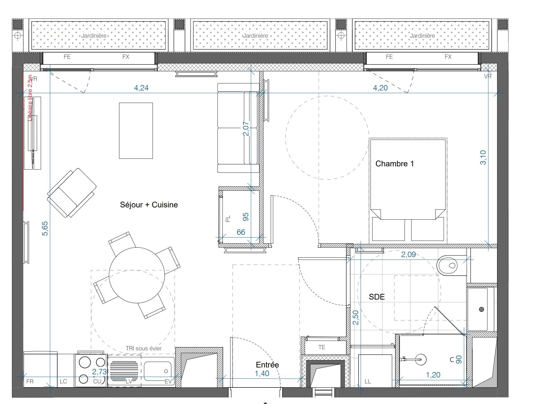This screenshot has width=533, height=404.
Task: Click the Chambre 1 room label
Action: click(394, 164)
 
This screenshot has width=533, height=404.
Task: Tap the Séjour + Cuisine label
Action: click(149, 205)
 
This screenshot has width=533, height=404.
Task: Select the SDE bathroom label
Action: click(377, 297)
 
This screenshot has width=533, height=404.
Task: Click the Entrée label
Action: click(267, 365)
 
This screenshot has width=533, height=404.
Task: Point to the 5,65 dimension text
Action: click(45, 229)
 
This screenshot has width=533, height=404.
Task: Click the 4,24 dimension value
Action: click(141, 88)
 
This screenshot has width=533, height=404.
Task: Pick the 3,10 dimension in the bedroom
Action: click(483, 157)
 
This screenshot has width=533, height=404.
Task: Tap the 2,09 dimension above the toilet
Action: click(408, 254)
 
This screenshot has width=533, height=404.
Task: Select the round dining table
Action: click(137, 275)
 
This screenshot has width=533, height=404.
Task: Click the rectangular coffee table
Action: click(136, 131)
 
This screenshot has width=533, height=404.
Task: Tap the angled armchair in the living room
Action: click(72, 193)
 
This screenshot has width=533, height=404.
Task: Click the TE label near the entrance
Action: click(322, 347)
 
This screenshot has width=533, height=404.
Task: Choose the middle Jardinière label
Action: click(255, 36)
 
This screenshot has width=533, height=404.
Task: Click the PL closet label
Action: click(228, 219)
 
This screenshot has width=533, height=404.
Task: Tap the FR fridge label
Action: click(30, 381)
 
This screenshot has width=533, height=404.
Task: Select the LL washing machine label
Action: click(368, 381)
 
